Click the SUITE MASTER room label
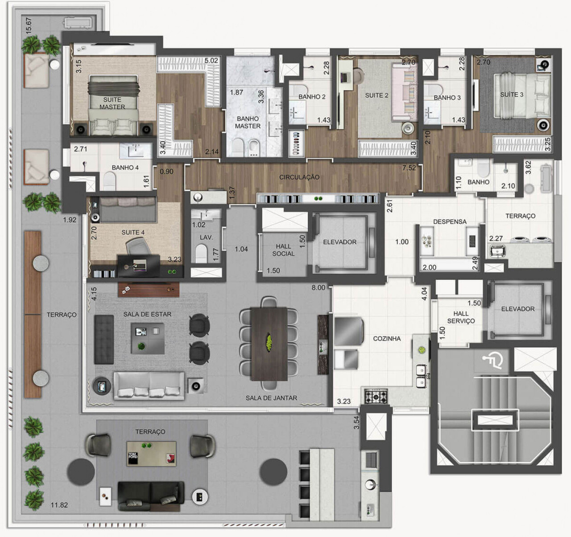[x=112, y=103]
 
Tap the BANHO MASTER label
[x=248, y=122]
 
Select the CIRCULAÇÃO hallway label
[x=299, y=177]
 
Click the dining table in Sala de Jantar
[x=269, y=343]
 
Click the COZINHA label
[x=387, y=339]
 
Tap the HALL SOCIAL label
[x=283, y=250]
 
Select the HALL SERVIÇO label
[x=461, y=317]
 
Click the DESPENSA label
[x=450, y=221]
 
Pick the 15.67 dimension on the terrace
[x=29, y=26]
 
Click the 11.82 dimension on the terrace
[x=59, y=505]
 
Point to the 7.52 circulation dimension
[x=409, y=168]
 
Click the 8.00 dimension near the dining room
[x=319, y=287]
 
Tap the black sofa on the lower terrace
[x=150, y=496]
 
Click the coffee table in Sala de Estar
[x=147, y=338]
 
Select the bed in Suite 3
[x=520, y=103]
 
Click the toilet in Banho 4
[x=109, y=181]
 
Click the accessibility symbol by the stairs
[x=493, y=360]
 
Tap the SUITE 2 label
[x=377, y=95]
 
